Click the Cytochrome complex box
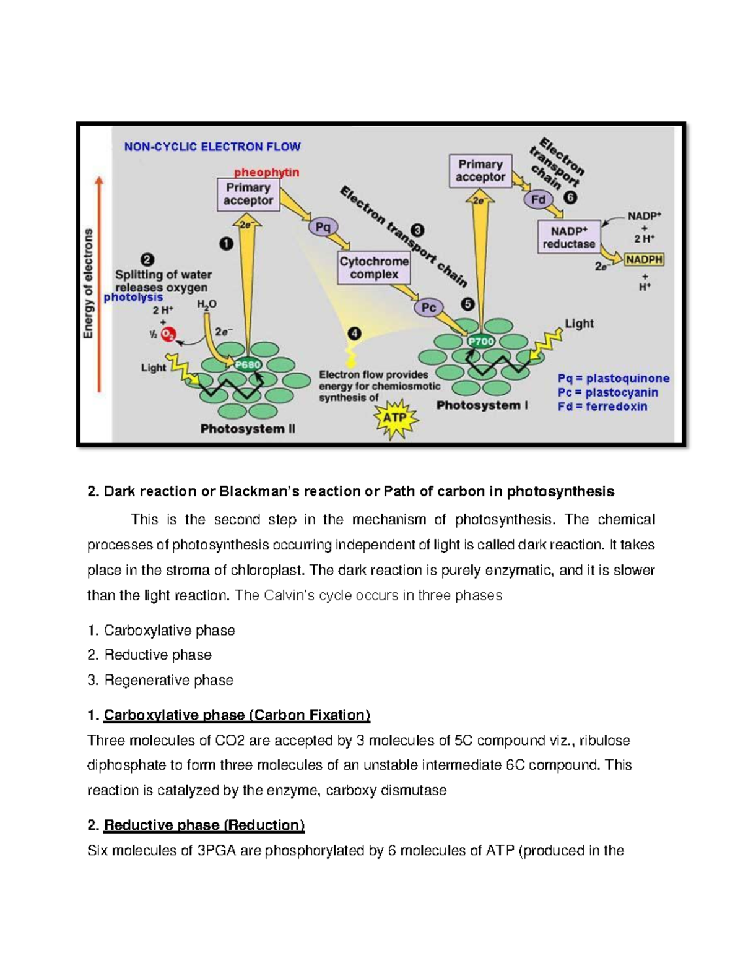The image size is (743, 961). click(x=374, y=268)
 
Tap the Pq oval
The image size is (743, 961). click(x=323, y=227)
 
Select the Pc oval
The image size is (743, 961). click(x=428, y=308)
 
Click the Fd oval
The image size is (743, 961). click(x=539, y=199)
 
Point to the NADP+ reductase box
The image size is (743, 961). click(x=568, y=237)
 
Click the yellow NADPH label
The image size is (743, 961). click(x=644, y=260)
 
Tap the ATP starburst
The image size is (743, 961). click(x=394, y=418)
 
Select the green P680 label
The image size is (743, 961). click(x=247, y=364)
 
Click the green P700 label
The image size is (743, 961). click(x=480, y=341)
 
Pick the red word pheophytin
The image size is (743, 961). click(x=266, y=172)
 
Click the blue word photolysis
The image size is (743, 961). click(x=133, y=298)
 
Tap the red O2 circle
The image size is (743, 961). click(x=168, y=335)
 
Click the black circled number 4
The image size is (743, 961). click(x=354, y=334)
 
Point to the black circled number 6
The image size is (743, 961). click(x=570, y=198)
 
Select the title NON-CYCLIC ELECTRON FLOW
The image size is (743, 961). click(x=212, y=147)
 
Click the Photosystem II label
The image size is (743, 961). click(x=248, y=429)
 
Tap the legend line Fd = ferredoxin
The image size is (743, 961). click(x=602, y=407)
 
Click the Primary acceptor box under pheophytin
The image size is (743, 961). click(x=248, y=194)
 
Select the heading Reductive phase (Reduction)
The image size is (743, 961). click(x=204, y=825)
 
